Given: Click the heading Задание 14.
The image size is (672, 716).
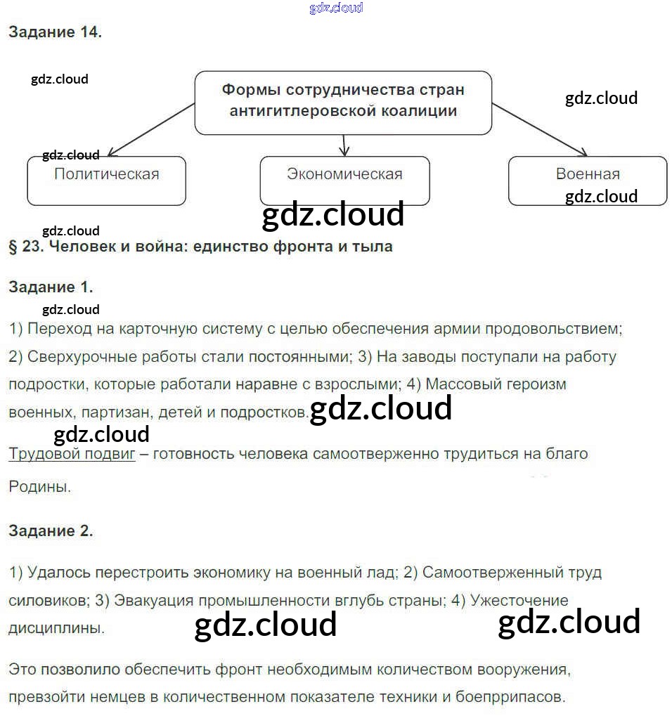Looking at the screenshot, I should point(55,32).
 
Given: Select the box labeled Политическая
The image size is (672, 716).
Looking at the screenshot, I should point(106,181).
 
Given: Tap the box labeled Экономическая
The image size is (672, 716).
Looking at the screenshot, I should point(344,181).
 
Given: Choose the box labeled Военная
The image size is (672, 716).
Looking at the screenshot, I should point(588,181).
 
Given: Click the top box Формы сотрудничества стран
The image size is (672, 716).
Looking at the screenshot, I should point(343,102).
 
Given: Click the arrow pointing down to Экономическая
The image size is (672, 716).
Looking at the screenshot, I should point(344,145).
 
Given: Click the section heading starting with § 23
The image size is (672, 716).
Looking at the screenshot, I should point(200,247).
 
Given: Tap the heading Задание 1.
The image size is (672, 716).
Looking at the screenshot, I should point(51,287).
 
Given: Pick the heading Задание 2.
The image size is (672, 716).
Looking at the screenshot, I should point(51,531).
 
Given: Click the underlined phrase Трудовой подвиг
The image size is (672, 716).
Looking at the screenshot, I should point(72,454).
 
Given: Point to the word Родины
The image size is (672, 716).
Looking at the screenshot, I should point(39,486).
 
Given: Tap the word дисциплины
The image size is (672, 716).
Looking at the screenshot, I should point(57,628).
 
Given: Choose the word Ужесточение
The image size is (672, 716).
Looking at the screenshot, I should point(519,601).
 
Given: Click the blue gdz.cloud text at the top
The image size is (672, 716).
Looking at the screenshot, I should point(336,8).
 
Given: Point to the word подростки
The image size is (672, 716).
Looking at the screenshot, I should point(44,385).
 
